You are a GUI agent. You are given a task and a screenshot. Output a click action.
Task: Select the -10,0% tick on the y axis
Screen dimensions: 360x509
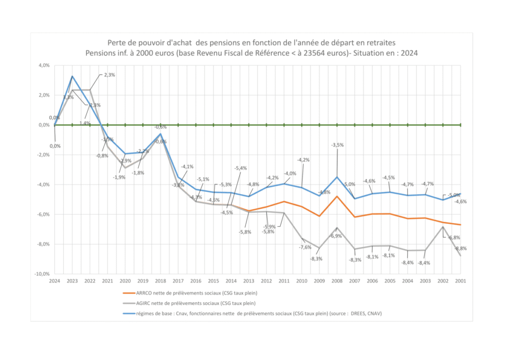pos(42,274)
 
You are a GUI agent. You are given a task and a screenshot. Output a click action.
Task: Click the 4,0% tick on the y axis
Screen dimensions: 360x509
pos(43,65)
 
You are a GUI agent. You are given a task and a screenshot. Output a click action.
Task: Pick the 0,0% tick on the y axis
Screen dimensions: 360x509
pos(43,125)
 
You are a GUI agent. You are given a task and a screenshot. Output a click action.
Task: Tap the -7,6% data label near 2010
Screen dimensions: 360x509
pos(305,247)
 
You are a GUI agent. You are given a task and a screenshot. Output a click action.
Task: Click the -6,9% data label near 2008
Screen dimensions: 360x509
pos(336,236)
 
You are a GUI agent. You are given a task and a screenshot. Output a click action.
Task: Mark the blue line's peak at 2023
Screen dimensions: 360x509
pos(72,76)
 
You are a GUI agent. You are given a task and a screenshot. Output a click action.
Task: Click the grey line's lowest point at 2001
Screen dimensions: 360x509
pos(461,256)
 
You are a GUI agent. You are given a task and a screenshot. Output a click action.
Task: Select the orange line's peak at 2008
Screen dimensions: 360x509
pos(337,196)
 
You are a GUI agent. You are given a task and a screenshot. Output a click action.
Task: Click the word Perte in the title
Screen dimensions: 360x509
pos(116,43)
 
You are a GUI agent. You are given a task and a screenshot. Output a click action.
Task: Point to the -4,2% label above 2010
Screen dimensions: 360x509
pos(303,160)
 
